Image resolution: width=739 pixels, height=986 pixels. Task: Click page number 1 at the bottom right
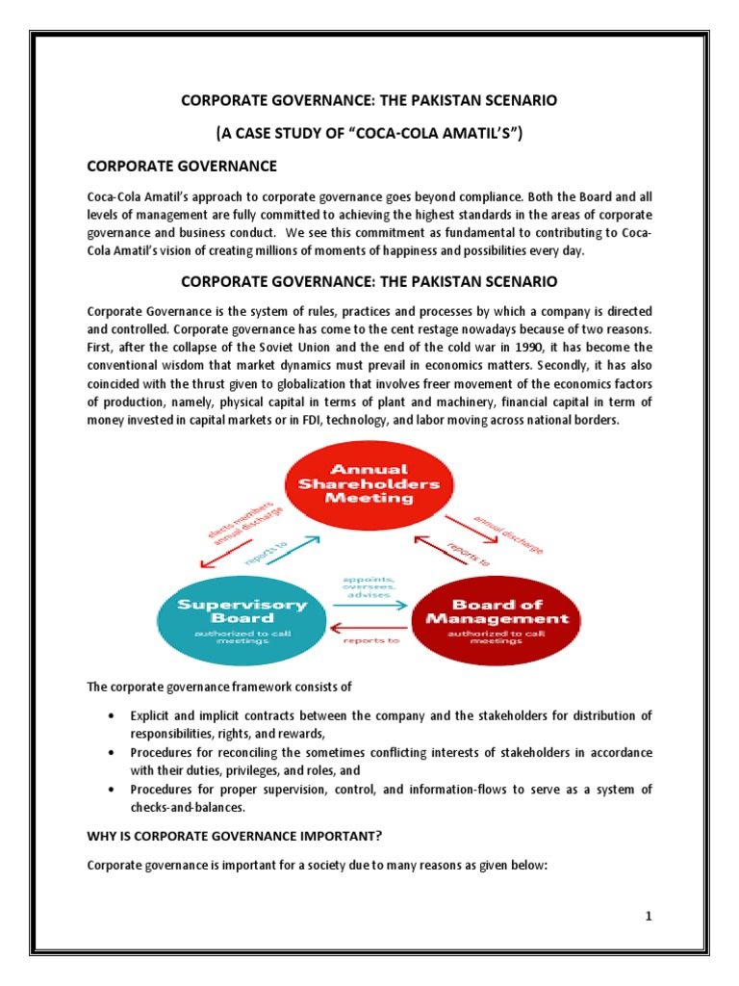pos(650,916)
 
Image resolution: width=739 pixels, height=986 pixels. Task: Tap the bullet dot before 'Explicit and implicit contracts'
pos(114,716)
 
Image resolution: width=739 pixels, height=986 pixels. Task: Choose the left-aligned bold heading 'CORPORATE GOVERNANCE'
pos(182,167)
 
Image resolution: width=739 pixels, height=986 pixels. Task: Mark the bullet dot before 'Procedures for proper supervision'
pos(114,790)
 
